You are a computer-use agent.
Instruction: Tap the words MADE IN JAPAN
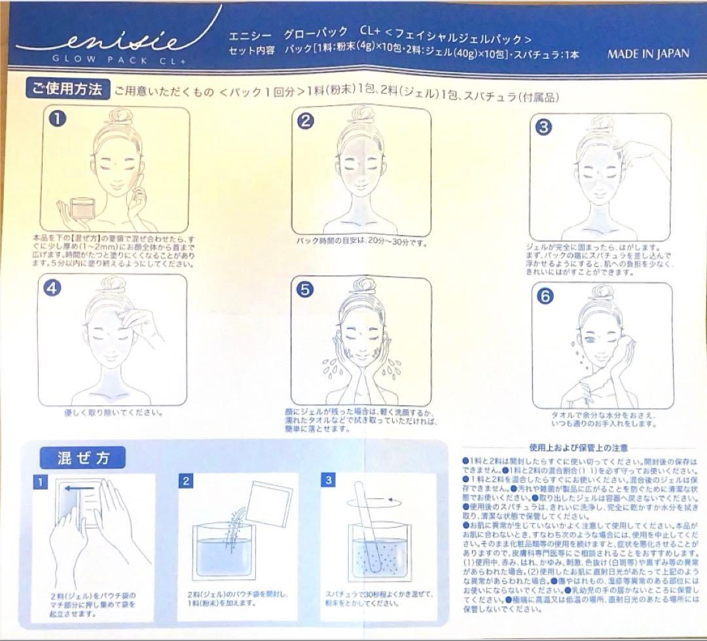coord(647,54)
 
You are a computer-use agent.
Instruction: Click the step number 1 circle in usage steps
coord(60,119)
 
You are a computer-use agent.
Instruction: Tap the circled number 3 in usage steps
coord(543,127)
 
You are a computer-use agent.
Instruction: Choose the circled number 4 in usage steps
coord(53,289)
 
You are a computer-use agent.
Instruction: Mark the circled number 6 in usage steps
coord(545,295)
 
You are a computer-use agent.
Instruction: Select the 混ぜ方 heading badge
coord(83,458)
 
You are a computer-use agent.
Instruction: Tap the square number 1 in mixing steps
coord(41,481)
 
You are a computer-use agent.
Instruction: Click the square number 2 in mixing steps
coord(186,481)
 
